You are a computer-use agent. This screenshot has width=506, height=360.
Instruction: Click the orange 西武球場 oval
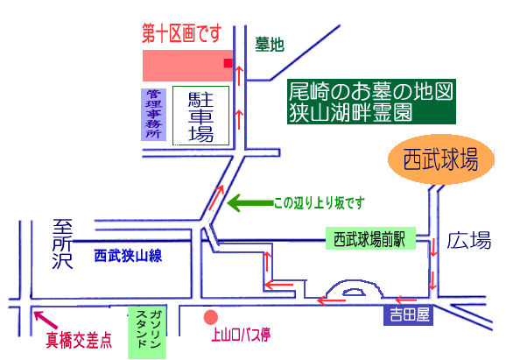(x=441, y=159)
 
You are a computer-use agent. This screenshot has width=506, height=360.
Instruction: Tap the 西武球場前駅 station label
(x=370, y=238)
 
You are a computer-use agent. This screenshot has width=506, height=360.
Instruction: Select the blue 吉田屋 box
(x=409, y=314)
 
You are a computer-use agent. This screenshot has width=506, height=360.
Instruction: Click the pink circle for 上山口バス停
(x=211, y=317)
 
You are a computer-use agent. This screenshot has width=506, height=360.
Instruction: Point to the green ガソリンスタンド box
(x=147, y=332)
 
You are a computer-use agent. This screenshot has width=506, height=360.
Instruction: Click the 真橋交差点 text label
(x=79, y=340)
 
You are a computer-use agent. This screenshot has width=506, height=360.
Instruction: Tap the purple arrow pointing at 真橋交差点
(x=46, y=320)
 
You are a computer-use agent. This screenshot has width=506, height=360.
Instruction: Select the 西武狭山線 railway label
(x=128, y=256)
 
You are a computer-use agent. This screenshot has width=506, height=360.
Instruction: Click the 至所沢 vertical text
(x=63, y=244)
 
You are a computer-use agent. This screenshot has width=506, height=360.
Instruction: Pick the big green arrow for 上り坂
(x=250, y=202)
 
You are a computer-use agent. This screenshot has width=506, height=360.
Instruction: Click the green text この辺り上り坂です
(x=320, y=202)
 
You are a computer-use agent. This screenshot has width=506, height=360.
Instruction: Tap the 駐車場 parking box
(x=200, y=116)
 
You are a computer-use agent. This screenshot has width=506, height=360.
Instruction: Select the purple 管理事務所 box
(x=153, y=115)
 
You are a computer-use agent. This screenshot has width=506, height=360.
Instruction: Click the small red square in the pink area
(x=228, y=63)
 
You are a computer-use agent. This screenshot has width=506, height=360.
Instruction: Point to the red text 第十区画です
(x=182, y=33)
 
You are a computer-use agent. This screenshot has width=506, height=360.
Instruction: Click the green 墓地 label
(x=270, y=44)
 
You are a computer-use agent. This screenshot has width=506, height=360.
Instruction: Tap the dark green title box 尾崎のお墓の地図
(x=371, y=102)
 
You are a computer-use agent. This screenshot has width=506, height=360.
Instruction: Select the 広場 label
(x=469, y=240)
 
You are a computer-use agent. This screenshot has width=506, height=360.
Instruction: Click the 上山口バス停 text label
(x=241, y=335)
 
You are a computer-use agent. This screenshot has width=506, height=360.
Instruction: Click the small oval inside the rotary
(x=354, y=292)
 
